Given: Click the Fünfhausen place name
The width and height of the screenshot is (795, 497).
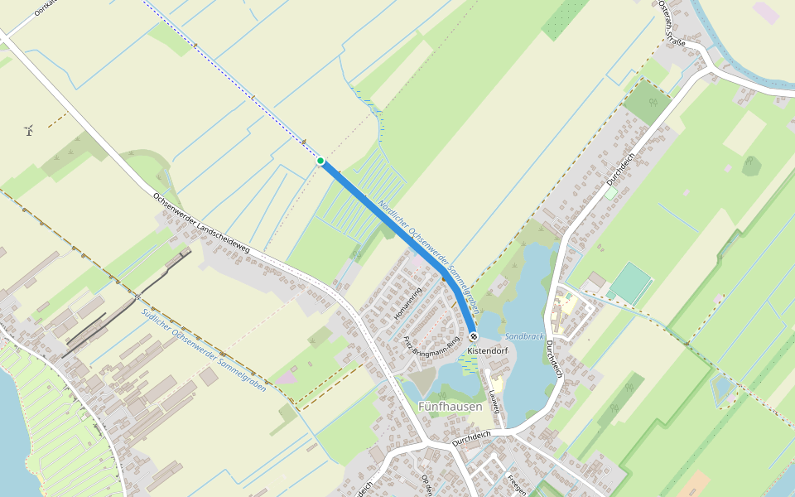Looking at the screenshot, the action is coord(450,407).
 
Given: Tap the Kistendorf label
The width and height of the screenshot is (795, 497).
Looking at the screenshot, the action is coord(486,351).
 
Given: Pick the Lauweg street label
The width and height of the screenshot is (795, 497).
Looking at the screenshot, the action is coord(495,402).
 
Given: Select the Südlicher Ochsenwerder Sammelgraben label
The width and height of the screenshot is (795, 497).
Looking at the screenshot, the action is coord(204,350).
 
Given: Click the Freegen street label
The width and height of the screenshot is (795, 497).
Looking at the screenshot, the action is coord(516,485).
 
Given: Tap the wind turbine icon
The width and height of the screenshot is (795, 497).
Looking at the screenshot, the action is coord(29,129).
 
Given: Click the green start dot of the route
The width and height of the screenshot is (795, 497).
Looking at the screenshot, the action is coord(320,161).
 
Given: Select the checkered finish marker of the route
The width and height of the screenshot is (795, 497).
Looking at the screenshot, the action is coord(473,337).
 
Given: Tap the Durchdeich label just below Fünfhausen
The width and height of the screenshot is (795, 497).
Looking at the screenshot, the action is coord(471,437).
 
